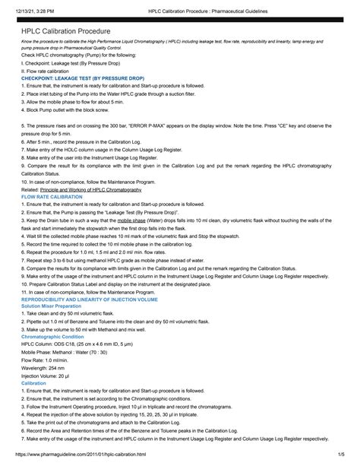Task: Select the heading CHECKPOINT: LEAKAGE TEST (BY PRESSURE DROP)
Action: (83, 78)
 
